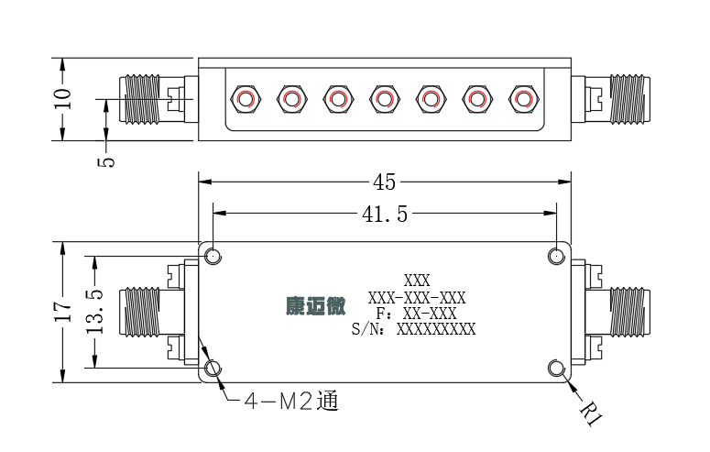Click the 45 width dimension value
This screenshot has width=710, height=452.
point(384,182)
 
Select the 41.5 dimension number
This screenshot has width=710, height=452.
point(385,214)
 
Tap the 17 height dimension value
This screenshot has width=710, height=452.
point(63,311)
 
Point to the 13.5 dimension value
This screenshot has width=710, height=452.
point(94,312)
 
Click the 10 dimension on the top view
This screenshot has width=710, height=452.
point(62,98)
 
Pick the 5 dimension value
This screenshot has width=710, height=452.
point(106,162)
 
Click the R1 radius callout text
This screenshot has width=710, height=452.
point(591,413)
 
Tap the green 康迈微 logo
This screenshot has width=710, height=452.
point(315,306)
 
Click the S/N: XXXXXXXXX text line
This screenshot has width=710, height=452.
point(413,329)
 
